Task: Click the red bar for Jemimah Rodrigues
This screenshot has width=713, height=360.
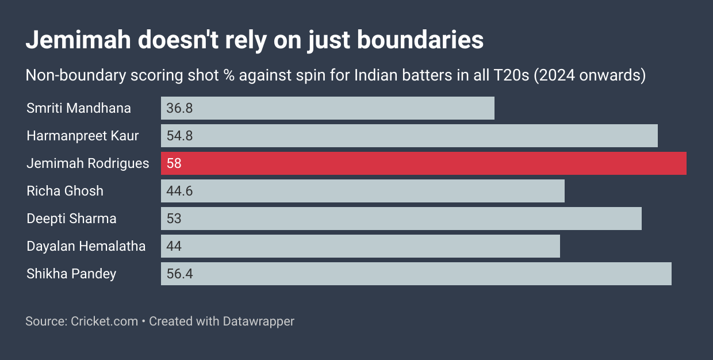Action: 423,163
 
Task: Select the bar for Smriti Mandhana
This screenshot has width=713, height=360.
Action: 328,108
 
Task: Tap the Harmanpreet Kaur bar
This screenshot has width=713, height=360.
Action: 409,136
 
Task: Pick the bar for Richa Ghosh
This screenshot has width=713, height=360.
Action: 363,191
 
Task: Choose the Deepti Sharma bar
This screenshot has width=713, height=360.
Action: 401,219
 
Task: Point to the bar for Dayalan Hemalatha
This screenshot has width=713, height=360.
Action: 361,246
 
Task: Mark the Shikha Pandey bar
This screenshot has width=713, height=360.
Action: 416,274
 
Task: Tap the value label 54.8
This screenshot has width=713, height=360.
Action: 179,136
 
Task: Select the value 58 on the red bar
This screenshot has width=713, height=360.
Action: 174,163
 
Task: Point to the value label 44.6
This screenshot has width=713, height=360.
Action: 179,191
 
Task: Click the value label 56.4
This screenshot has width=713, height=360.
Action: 179,274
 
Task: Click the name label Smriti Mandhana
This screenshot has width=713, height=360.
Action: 79,108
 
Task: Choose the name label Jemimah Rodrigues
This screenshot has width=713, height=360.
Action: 88,163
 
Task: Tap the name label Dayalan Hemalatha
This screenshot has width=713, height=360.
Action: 86,246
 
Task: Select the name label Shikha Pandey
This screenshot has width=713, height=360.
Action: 71,274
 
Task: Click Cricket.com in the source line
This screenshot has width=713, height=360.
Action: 105,321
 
